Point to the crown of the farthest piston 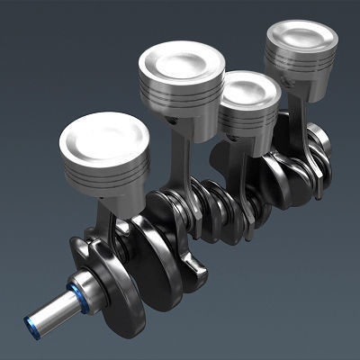[x=301, y=37]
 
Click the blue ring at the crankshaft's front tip [x=32, y=317]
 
